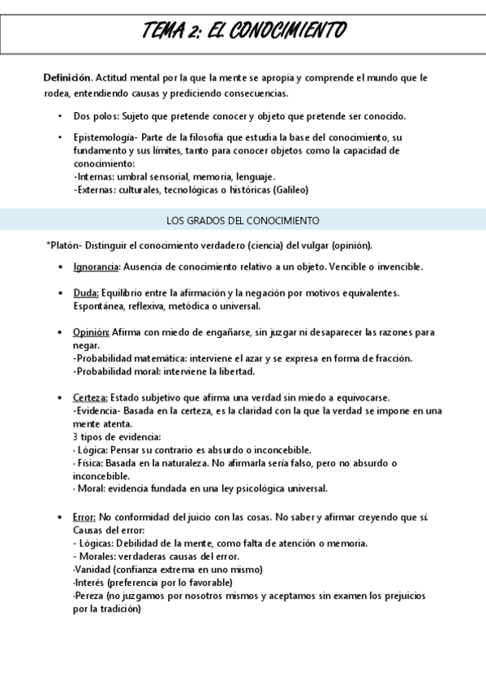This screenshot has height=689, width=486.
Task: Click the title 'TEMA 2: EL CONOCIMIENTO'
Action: click(243, 31)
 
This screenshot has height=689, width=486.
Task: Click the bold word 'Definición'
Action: click(67, 78)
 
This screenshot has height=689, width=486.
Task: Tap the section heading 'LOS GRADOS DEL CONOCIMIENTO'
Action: click(243, 220)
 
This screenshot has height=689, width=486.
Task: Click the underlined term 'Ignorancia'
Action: click(97, 266)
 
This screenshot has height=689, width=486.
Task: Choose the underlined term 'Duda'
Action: click(86, 292)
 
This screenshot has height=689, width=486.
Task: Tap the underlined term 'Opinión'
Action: click(91, 332)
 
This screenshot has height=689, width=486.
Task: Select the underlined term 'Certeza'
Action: click(90, 397)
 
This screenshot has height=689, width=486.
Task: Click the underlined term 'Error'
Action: click(84, 517)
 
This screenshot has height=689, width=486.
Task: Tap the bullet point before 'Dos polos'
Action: click(61, 116)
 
